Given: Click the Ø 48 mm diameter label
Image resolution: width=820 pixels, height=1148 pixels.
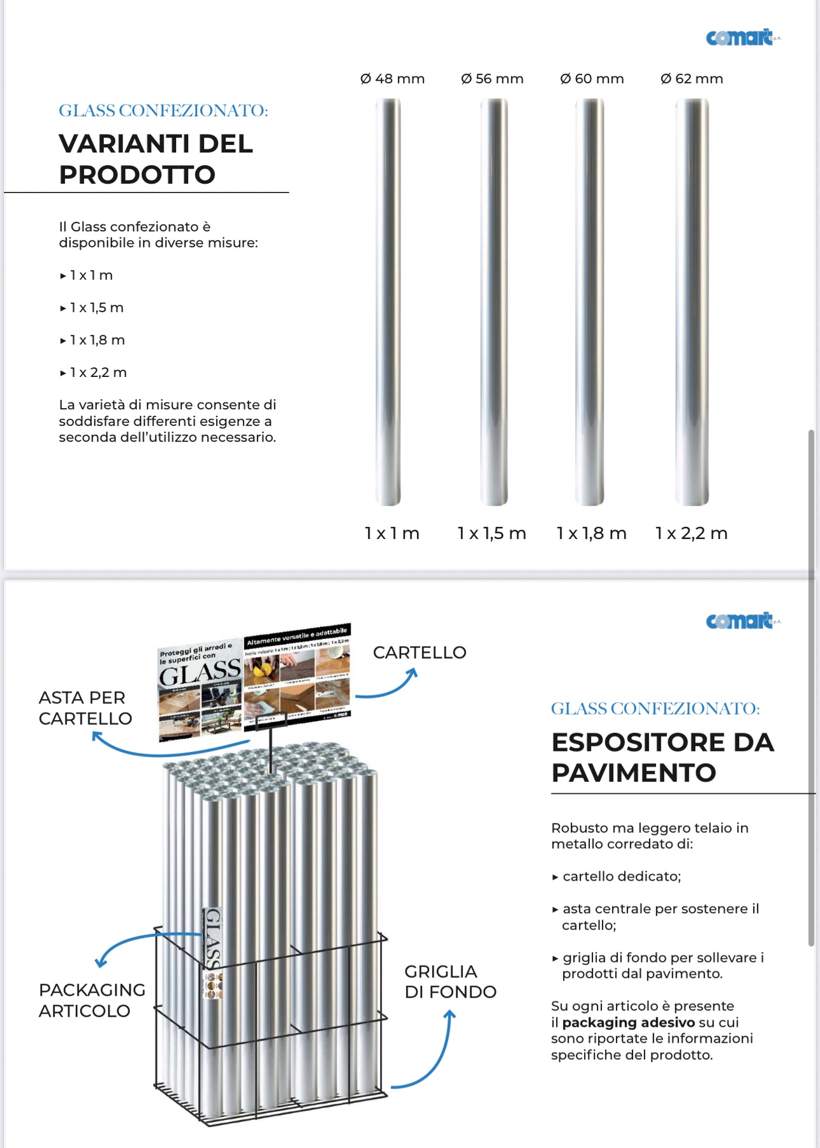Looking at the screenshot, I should pos(392,78).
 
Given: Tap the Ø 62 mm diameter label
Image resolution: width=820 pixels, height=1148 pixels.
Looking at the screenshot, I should pos(692,78).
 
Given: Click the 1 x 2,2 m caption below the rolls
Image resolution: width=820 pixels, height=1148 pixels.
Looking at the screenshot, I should pos(691,533).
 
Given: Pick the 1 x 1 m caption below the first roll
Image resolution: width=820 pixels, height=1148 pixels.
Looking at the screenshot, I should pos(392,533).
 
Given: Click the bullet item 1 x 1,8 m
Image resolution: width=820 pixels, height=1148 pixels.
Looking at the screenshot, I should pos(97,340).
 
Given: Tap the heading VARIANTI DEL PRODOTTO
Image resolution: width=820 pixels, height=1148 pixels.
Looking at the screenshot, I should pos(156,159).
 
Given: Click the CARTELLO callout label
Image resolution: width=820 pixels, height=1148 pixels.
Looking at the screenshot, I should pos(420,652).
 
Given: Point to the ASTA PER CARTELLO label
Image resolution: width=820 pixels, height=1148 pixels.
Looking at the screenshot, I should pos(85,708).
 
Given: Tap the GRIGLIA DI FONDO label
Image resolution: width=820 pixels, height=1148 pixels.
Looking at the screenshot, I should pos(450,982).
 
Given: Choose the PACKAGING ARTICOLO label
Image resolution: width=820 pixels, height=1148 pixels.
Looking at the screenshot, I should pos(92,1000).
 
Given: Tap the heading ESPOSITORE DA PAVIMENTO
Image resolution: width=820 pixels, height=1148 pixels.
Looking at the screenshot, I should pos(662,757).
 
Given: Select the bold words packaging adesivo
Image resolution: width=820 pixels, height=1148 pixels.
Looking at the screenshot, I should pos(628,1022).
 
